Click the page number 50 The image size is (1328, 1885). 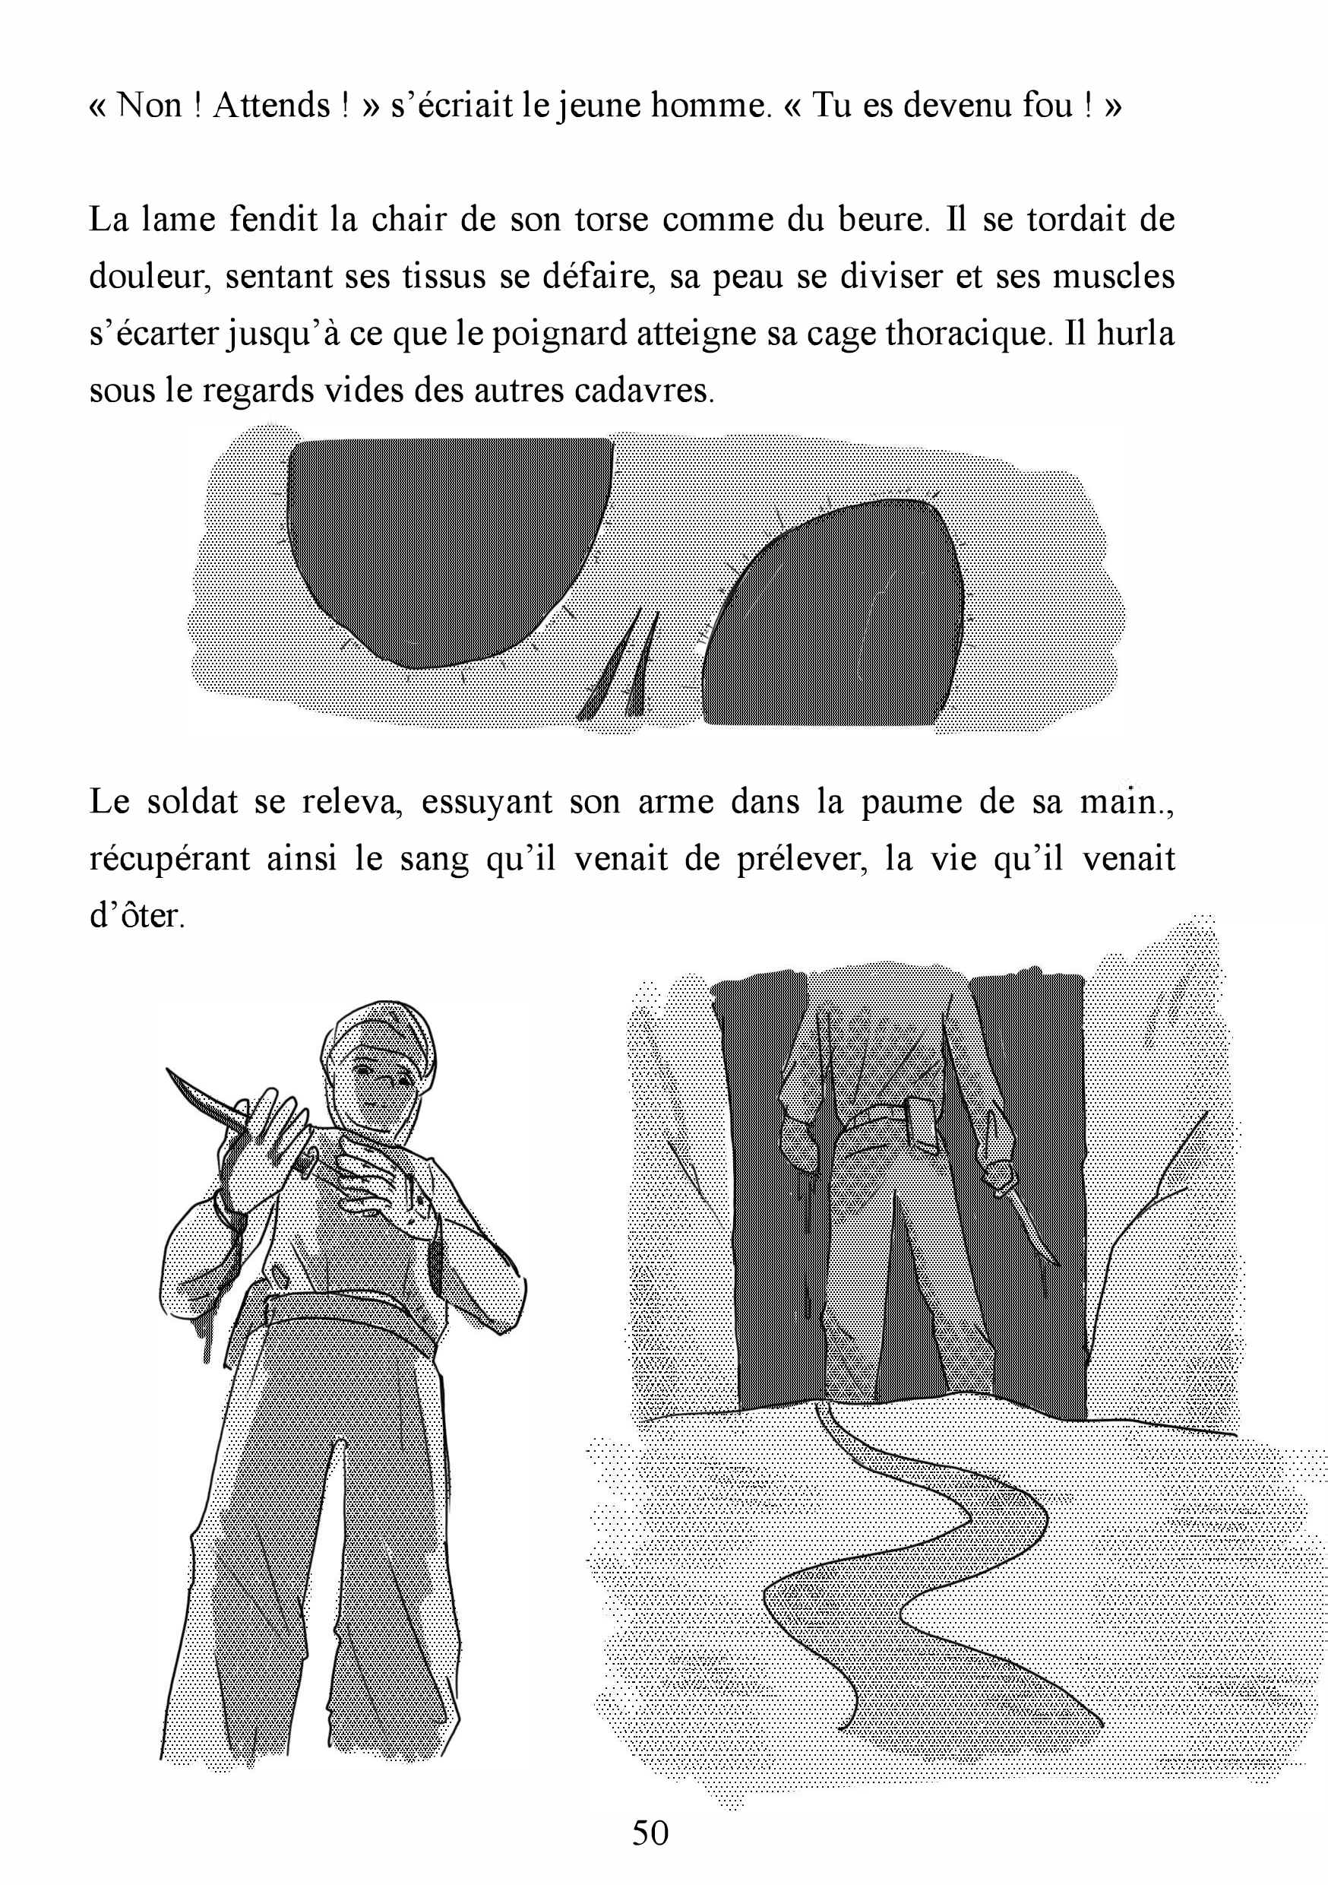coord(650,1832)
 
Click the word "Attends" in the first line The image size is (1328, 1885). coord(271,106)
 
